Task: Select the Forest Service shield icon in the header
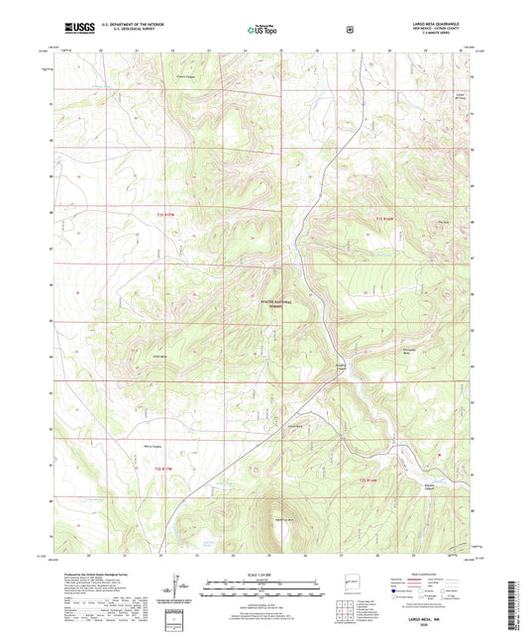(x=348, y=31)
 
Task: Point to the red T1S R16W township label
(x=385, y=215)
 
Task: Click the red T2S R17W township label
(x=169, y=467)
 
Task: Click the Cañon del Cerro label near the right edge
(x=459, y=95)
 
